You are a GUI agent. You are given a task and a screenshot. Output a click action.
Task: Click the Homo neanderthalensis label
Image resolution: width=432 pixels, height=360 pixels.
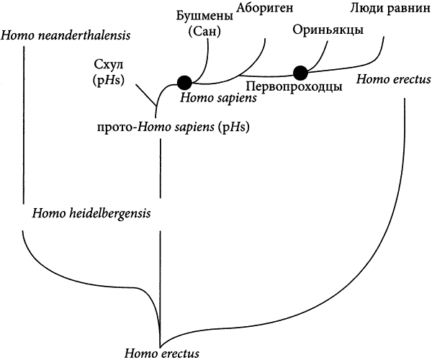[x=66, y=35]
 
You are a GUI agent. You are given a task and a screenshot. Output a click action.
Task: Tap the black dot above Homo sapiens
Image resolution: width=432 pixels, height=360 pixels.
[x=184, y=82]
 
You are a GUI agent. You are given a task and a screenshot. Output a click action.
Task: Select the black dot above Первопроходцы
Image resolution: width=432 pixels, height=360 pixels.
[x=300, y=73]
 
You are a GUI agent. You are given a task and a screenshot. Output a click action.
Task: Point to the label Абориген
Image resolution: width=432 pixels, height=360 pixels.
[x=265, y=9]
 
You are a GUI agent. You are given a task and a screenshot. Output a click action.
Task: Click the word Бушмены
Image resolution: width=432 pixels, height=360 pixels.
[x=204, y=16]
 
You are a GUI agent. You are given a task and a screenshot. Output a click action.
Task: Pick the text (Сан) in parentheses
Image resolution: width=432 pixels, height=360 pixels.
[x=204, y=32]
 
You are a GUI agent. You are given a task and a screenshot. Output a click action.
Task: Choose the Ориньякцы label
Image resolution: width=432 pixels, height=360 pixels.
[x=328, y=30]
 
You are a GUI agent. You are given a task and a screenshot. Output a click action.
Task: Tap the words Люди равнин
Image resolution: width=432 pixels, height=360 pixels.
[x=390, y=9]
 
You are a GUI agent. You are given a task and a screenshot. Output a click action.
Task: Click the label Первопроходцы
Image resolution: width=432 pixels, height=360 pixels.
[x=294, y=86]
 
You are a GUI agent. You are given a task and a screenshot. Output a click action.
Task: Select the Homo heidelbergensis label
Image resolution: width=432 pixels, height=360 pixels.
[x=91, y=213]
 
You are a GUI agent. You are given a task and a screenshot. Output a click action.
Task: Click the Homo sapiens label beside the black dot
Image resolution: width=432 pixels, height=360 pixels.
[x=218, y=98]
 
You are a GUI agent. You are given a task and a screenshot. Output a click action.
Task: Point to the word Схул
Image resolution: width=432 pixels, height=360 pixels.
[x=109, y=66]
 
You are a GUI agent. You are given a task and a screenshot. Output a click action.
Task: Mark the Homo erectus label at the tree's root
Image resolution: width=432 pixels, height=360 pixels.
[x=162, y=354]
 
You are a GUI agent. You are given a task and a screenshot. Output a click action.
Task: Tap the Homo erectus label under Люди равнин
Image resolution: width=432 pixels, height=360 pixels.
[x=393, y=80]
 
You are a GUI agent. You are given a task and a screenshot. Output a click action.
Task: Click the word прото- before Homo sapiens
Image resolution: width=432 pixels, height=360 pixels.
[x=117, y=127]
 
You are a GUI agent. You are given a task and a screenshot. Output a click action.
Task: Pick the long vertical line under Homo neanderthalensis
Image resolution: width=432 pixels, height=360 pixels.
[x=24, y=125]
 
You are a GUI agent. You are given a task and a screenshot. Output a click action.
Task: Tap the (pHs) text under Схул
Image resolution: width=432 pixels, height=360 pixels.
[x=109, y=81]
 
